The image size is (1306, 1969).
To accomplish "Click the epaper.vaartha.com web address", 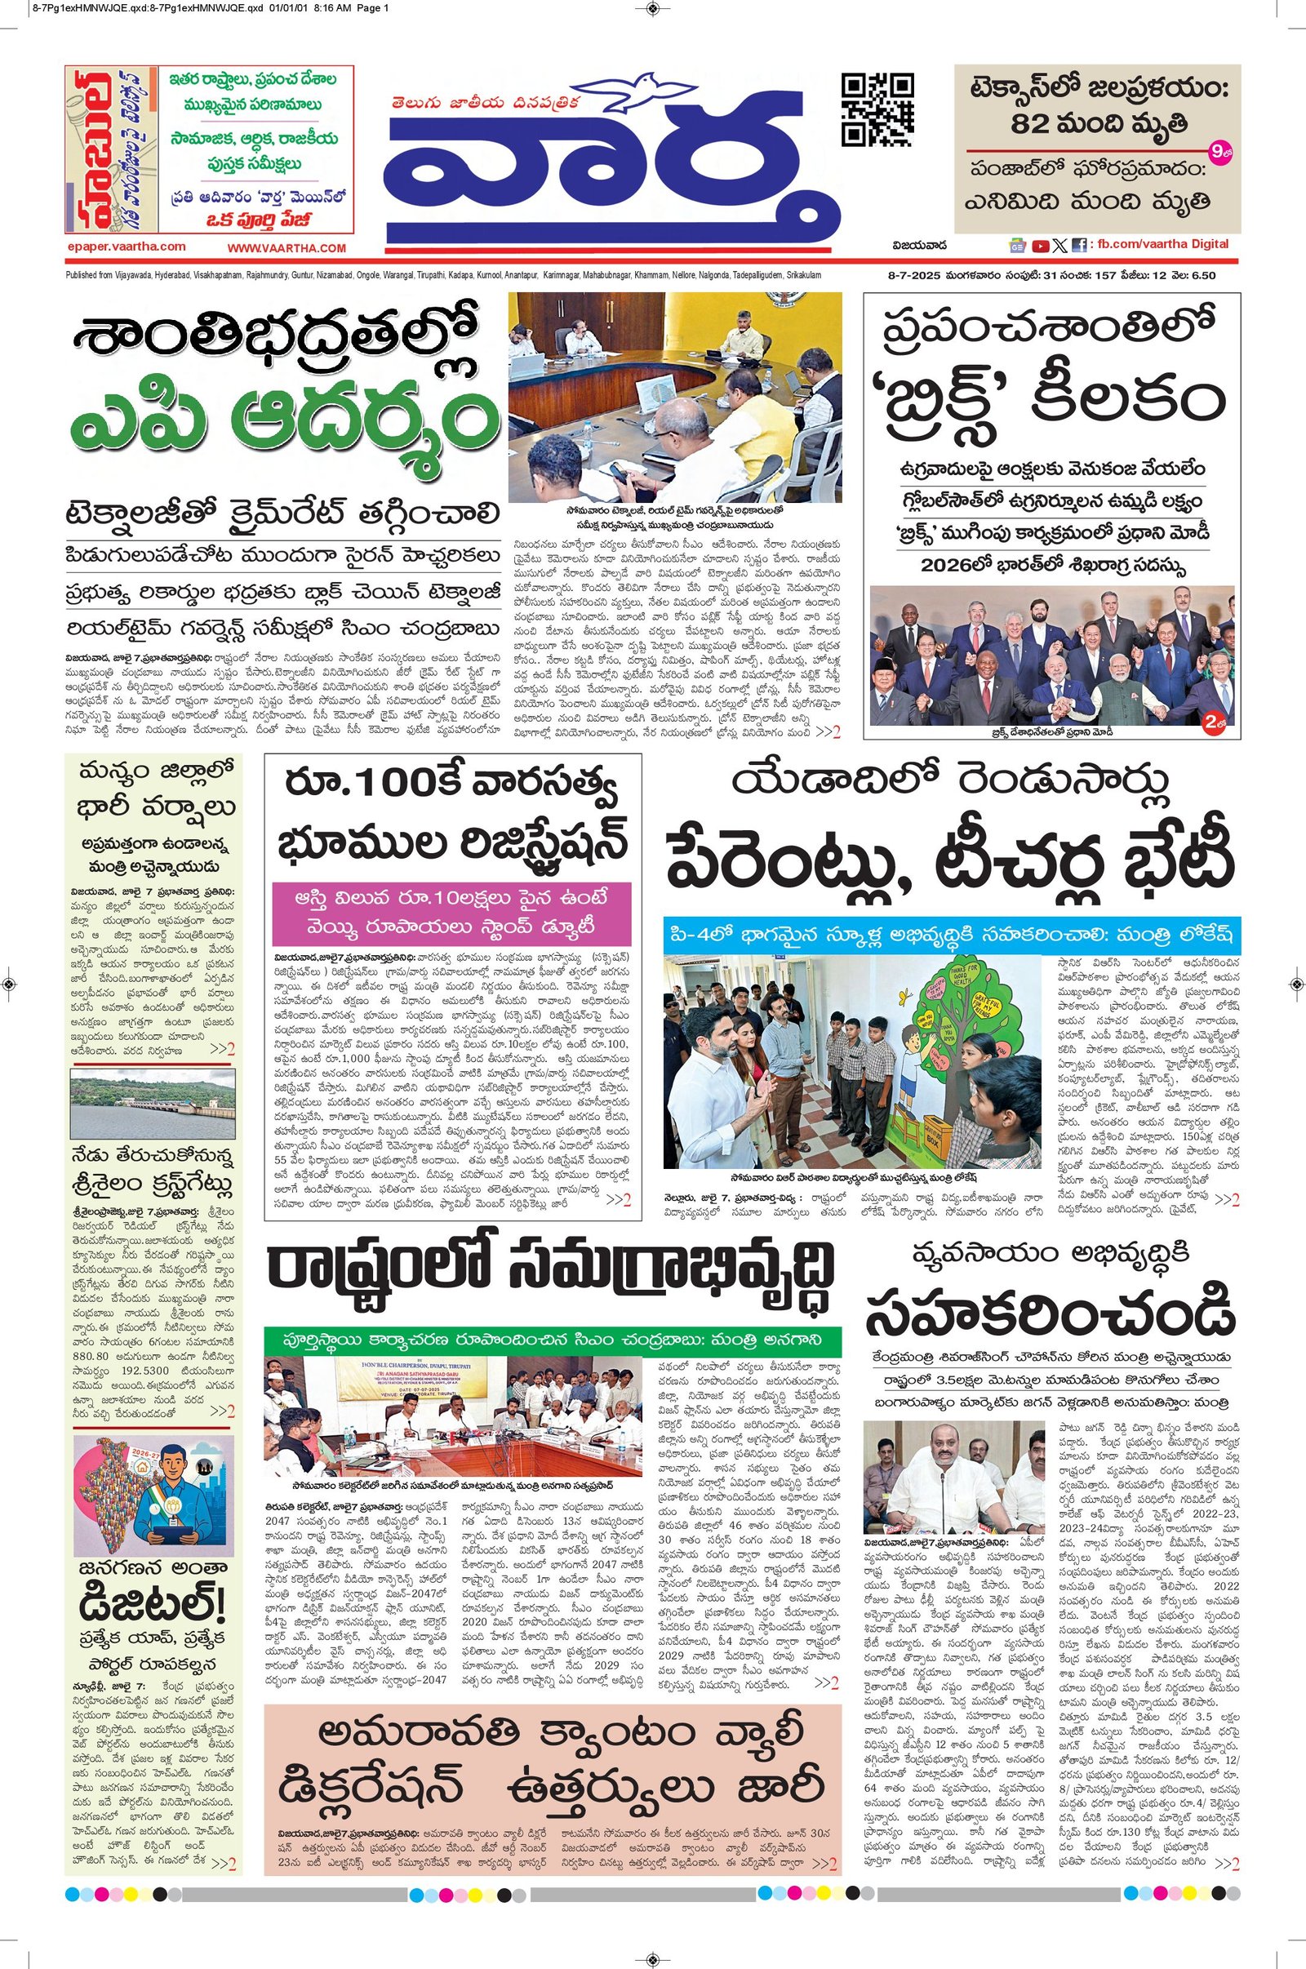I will point(127,247).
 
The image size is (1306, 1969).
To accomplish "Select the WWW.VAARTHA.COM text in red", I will point(287,248).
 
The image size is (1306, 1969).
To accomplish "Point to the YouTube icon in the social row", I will point(1040,246).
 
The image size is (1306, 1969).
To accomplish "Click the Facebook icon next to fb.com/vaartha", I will point(1079,246).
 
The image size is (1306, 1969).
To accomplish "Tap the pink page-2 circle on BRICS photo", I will point(1216,720).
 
